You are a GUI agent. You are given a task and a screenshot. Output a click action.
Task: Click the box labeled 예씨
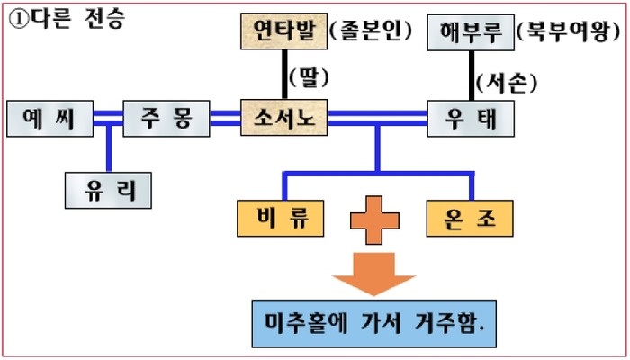(49, 118)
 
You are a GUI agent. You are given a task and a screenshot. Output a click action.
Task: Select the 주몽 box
(165, 118)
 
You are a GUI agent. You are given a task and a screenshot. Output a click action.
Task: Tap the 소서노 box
(284, 118)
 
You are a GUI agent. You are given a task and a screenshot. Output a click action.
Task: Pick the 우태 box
(471, 118)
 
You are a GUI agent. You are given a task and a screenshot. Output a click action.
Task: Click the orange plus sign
(374, 218)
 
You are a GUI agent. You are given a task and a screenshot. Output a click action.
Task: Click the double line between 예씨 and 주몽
(107, 116)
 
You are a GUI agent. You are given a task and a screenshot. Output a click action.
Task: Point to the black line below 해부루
(471, 75)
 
